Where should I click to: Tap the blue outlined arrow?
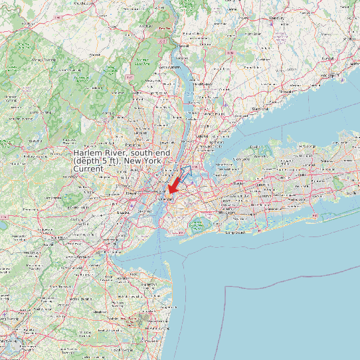(183, 174)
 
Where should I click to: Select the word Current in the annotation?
(88, 169)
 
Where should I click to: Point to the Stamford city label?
(259, 108)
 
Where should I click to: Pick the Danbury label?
(276, 18)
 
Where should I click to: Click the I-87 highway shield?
(130, 77)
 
